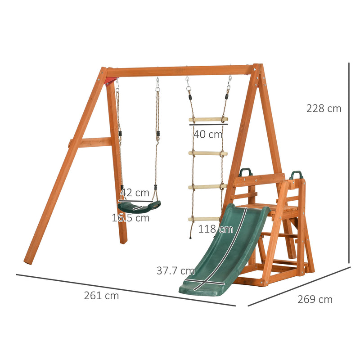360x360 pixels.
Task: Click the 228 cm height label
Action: (324, 108)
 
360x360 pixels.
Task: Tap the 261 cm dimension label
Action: (101, 296)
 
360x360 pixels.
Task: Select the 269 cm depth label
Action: (315, 299)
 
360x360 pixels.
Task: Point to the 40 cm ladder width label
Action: (208, 134)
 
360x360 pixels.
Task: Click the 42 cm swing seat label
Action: (135, 193)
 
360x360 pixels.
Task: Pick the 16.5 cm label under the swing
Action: (130, 218)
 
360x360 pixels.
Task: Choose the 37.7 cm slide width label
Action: (175, 271)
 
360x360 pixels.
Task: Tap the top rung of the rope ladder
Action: (208, 119)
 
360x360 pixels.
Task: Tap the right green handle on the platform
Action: (296, 174)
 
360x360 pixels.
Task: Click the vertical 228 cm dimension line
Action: (349, 162)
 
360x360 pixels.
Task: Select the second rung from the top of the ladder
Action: (208, 153)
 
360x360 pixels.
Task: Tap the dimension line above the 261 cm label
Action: (126, 290)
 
